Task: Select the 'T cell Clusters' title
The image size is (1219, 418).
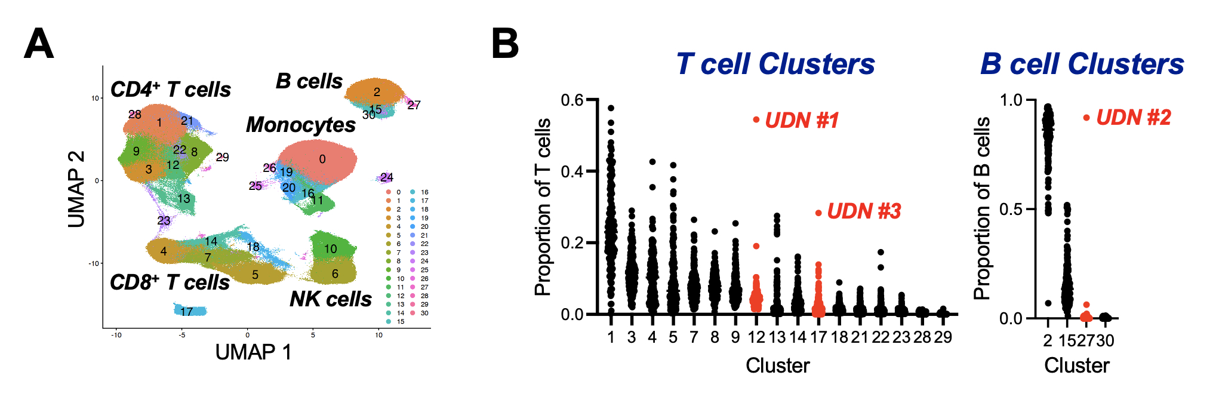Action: click(775, 64)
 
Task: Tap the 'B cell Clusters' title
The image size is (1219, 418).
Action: click(1082, 64)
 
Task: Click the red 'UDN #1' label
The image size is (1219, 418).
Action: click(802, 120)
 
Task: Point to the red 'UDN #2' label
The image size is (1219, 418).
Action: click(1133, 118)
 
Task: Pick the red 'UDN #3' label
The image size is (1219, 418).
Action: click(863, 211)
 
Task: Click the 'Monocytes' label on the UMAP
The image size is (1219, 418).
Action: click(300, 125)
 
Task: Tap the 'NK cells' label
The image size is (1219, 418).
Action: click(330, 299)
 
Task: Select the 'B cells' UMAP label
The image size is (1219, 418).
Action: click(309, 81)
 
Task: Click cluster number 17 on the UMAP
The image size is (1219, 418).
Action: click(187, 311)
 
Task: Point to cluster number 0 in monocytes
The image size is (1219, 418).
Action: click(322, 159)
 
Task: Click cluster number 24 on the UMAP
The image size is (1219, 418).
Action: click(387, 177)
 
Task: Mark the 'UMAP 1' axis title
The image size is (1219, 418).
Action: click(253, 352)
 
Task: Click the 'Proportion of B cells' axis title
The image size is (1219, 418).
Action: click(981, 208)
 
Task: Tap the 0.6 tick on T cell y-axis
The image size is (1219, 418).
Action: click(572, 100)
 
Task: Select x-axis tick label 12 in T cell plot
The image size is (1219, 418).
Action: click(756, 337)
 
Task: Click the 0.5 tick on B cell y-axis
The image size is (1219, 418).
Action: click(1011, 210)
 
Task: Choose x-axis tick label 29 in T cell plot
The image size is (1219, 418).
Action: click(943, 337)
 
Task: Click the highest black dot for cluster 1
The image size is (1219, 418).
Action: click(611, 108)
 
